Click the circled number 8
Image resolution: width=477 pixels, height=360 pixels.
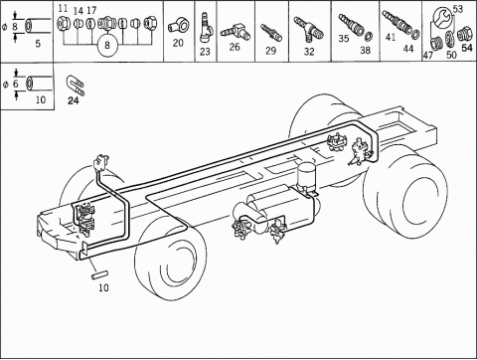(x=107, y=45)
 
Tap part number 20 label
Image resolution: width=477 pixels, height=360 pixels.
(x=178, y=43)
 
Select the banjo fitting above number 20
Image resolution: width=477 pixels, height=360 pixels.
(x=176, y=26)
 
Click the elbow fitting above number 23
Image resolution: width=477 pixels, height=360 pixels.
(x=205, y=27)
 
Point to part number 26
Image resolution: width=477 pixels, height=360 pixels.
(x=235, y=47)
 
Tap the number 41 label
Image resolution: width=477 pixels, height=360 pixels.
(x=391, y=37)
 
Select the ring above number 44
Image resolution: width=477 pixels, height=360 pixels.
(x=416, y=33)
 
